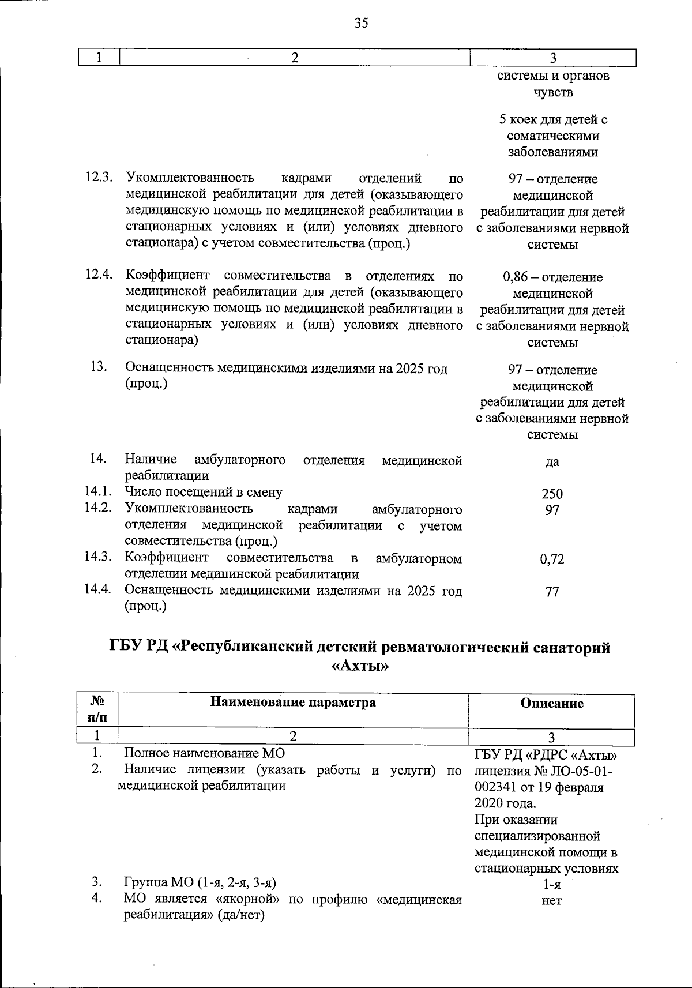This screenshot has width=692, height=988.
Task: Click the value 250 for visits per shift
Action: (552, 494)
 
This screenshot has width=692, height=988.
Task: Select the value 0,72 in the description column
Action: (552, 559)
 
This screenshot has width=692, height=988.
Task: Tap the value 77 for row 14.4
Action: (552, 591)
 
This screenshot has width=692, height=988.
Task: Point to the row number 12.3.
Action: (99, 178)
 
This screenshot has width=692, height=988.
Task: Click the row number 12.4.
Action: (99, 275)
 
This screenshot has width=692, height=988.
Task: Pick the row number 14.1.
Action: (97, 492)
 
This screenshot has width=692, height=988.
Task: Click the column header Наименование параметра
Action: (293, 702)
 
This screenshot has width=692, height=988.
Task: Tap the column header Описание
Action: (552, 703)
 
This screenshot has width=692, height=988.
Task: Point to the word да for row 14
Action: (552, 462)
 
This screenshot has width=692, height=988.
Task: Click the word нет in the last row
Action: (552, 901)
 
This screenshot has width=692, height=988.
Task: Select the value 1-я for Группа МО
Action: (552, 884)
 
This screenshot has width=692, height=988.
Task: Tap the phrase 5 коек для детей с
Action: (552, 120)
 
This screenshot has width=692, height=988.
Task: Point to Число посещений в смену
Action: (204, 492)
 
